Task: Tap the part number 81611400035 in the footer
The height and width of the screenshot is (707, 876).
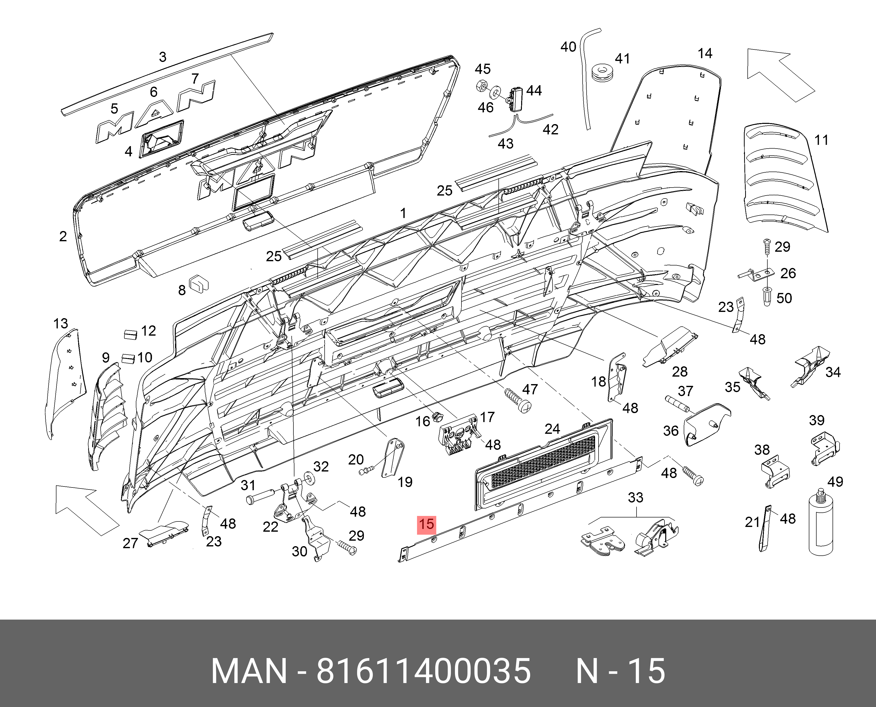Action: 424,671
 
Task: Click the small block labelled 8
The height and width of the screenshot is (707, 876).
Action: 199,283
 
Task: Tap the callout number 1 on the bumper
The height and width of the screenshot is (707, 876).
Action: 403,213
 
